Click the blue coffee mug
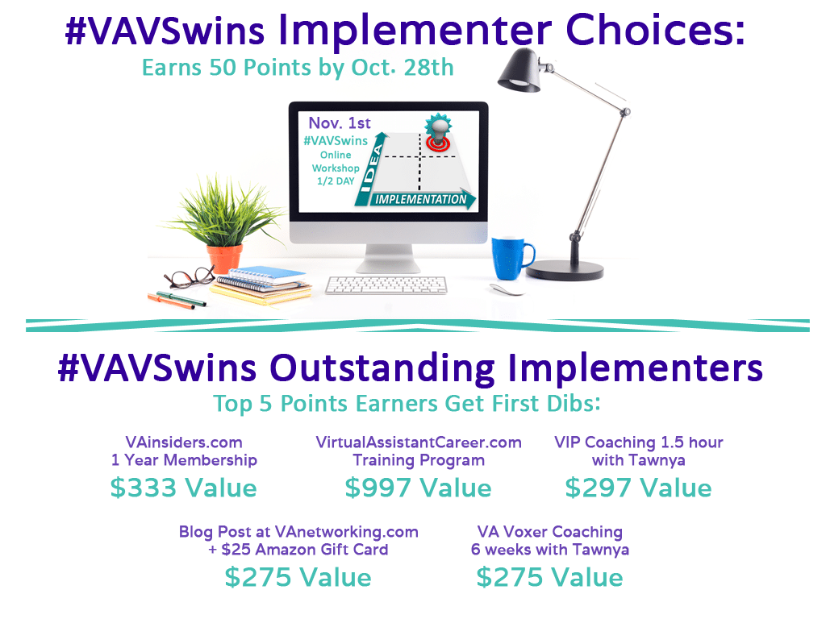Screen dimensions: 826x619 (510, 257)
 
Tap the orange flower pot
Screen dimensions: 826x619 (224, 259)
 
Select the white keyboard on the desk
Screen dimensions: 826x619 (386, 285)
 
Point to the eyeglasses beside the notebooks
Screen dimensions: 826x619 (189, 277)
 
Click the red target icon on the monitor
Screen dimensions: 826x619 (438, 141)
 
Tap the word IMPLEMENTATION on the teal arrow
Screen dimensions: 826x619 (420, 200)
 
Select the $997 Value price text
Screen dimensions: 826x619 (419, 488)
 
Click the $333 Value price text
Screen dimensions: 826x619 (183, 488)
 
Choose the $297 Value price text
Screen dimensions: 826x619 (639, 488)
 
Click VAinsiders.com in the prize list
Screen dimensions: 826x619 (184, 442)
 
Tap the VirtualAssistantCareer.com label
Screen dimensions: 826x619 (419, 442)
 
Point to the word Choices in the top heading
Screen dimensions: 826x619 (655, 30)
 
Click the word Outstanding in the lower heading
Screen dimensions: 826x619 (382, 368)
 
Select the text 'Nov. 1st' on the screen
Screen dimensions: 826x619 (340, 123)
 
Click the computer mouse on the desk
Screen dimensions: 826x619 (507, 289)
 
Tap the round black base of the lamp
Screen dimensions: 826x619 (565, 271)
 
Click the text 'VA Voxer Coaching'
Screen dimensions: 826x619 (550, 532)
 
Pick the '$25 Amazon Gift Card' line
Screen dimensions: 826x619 (298, 550)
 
